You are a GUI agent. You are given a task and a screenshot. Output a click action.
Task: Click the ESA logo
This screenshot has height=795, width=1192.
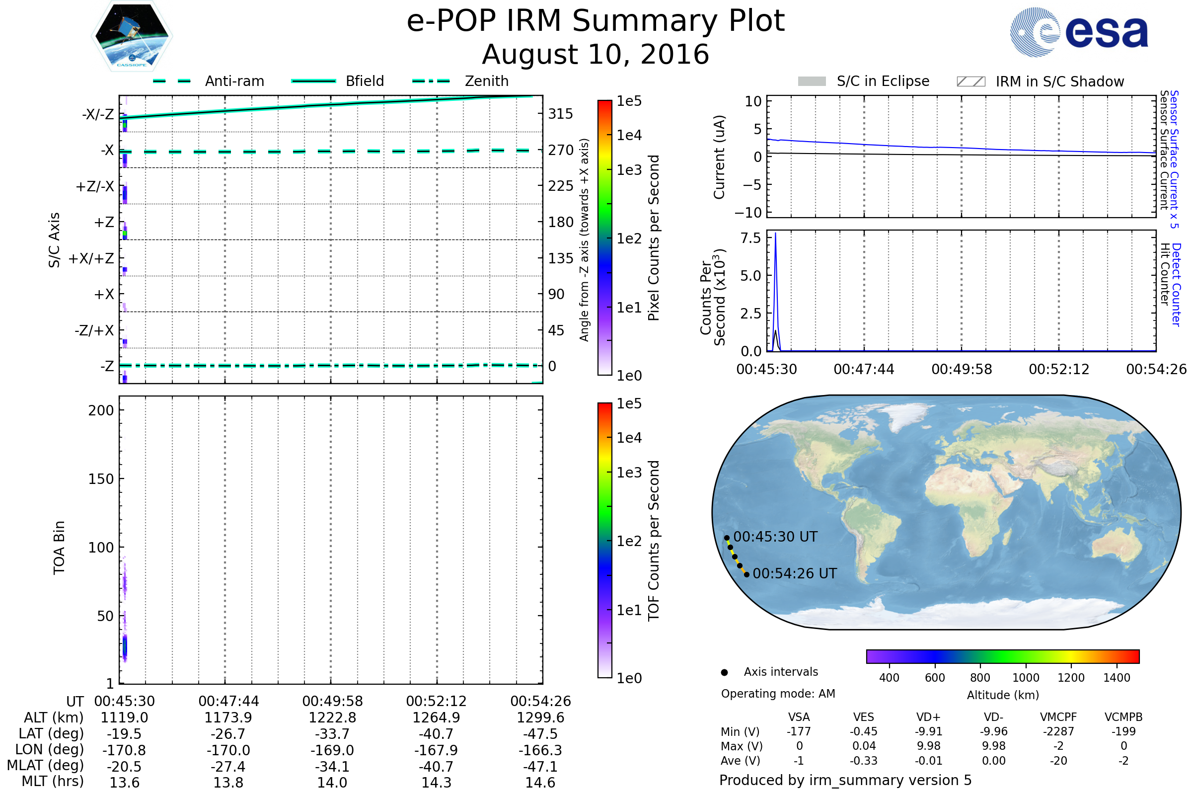[x=1079, y=32]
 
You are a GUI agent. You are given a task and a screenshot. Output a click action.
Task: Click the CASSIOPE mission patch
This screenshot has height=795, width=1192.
[x=132, y=36]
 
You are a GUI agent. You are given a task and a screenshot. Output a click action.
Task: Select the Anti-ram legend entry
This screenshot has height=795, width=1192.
[x=208, y=81]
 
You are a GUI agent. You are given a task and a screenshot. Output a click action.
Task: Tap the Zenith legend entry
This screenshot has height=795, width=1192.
[x=460, y=81]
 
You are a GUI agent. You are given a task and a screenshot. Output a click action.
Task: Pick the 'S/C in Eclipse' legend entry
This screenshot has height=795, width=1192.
[x=864, y=81]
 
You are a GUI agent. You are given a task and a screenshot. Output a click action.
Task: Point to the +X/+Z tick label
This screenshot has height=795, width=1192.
[x=91, y=258]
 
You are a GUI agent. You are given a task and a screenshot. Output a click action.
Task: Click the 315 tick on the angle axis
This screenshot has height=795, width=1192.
[x=561, y=114]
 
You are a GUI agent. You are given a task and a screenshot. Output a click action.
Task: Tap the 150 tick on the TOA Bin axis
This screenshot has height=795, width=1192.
[x=101, y=479]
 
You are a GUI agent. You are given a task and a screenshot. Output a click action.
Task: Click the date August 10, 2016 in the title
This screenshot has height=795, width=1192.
[x=596, y=54]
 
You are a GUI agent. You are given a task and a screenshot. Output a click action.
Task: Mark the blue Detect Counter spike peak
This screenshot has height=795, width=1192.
[x=775, y=233]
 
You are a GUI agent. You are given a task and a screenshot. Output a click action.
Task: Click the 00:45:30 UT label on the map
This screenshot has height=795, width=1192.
[x=775, y=537]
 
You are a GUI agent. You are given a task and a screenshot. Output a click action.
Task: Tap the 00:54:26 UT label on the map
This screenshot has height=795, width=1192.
[x=795, y=573]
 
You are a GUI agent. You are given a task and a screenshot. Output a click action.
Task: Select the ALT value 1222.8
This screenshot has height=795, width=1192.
[x=332, y=717]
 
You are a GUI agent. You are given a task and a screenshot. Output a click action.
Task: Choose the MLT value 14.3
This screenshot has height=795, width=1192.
[x=437, y=782]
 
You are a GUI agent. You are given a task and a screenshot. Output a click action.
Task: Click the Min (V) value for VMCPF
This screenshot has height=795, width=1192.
[x=1058, y=731]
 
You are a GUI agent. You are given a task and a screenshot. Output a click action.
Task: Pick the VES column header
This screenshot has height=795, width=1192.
[x=864, y=717]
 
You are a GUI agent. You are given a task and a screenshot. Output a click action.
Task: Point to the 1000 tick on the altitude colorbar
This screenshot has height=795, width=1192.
[x=1026, y=677]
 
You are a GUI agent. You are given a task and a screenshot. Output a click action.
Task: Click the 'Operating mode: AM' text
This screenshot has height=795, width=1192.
[x=778, y=694]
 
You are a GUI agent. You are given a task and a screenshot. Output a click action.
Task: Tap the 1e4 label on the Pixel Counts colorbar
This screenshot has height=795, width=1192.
[x=629, y=135]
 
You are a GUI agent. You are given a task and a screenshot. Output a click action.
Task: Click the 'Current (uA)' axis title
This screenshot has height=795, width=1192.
[x=719, y=157]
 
